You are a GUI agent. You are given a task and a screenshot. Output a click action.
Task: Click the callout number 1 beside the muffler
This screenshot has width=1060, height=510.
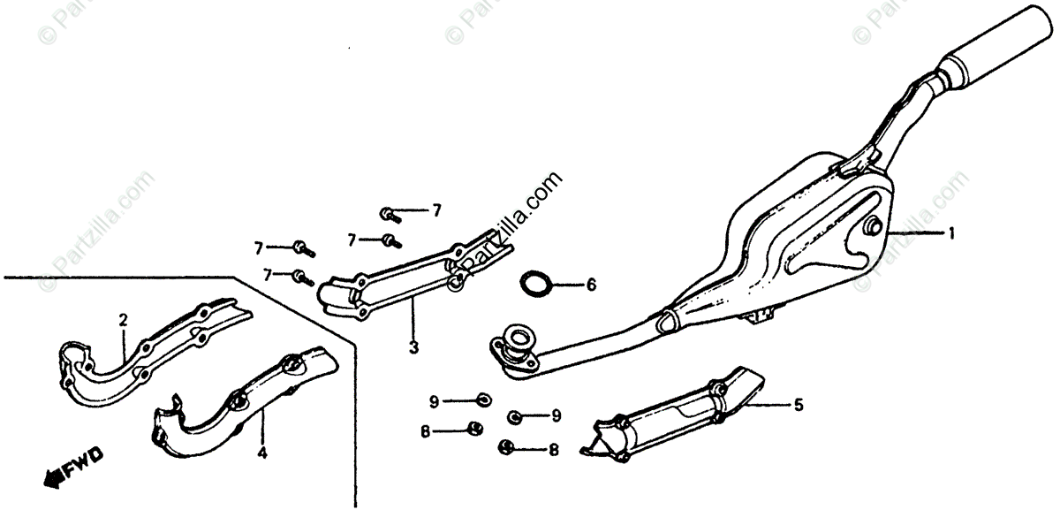pos(951,234)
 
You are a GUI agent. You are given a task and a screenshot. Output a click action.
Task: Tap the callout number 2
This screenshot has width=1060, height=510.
pos(124,320)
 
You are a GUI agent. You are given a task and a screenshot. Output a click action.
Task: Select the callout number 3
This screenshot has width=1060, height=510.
pos(413,347)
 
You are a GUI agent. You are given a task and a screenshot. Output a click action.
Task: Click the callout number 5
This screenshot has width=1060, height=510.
pos(799,406)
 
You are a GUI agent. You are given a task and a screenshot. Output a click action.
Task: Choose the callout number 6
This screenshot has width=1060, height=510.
pos(591,285)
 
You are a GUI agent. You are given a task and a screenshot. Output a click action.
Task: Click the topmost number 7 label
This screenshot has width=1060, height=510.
pos(435,210)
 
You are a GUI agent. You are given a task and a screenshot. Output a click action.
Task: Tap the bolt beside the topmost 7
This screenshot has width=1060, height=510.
pos(390,213)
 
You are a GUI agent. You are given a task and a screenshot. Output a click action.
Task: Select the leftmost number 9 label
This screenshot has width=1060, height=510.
pos(435,402)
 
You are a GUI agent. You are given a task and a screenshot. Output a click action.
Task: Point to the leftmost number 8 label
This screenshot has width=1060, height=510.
pos(425,431)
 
